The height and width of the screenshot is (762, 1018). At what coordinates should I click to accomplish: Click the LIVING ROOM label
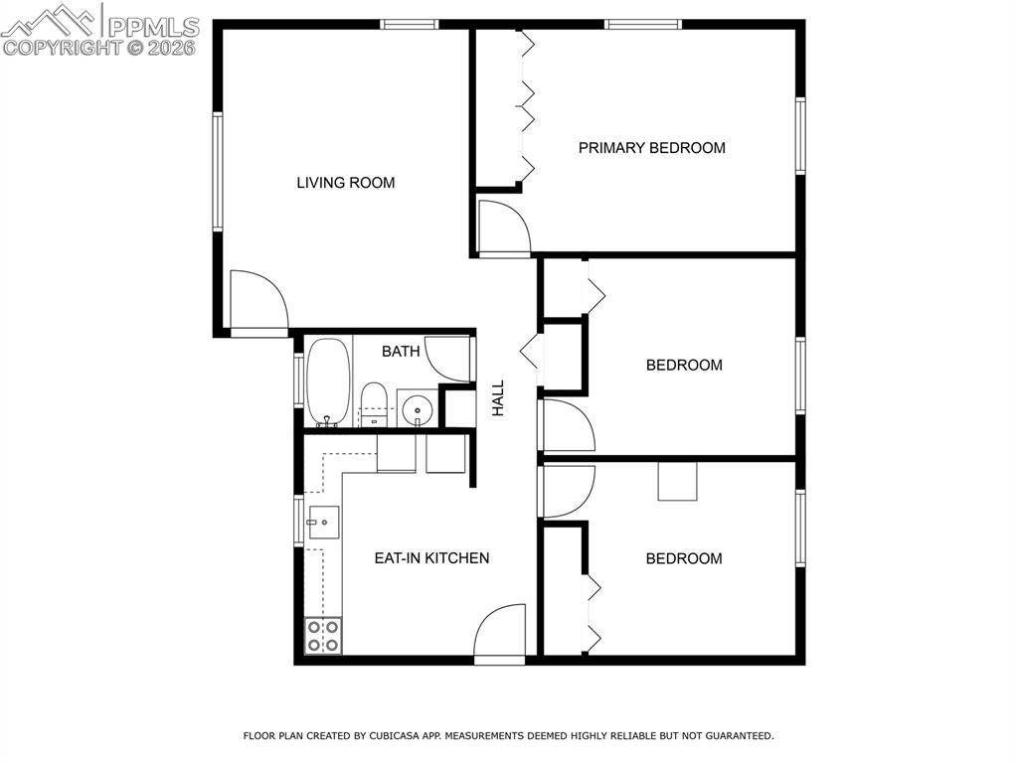point(345,183)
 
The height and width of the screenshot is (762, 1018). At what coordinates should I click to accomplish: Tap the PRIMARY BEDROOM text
point(651,148)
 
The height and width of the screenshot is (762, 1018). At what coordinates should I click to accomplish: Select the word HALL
point(499,397)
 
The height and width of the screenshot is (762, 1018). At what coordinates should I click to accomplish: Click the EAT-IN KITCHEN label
point(431,558)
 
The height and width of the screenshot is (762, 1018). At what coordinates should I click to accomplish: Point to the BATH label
point(401,351)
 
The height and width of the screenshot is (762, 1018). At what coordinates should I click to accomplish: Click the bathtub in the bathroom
point(327,382)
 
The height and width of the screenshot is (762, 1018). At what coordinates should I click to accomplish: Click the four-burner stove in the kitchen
point(323,636)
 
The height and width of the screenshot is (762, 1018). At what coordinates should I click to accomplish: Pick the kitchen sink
point(323,522)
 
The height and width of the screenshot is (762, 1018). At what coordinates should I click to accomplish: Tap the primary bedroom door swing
point(503,228)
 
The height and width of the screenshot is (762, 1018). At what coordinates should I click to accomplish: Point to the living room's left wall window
point(217,171)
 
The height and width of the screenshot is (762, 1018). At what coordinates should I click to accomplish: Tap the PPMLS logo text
point(152,26)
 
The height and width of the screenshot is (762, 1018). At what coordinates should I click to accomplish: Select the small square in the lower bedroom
point(677,481)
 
